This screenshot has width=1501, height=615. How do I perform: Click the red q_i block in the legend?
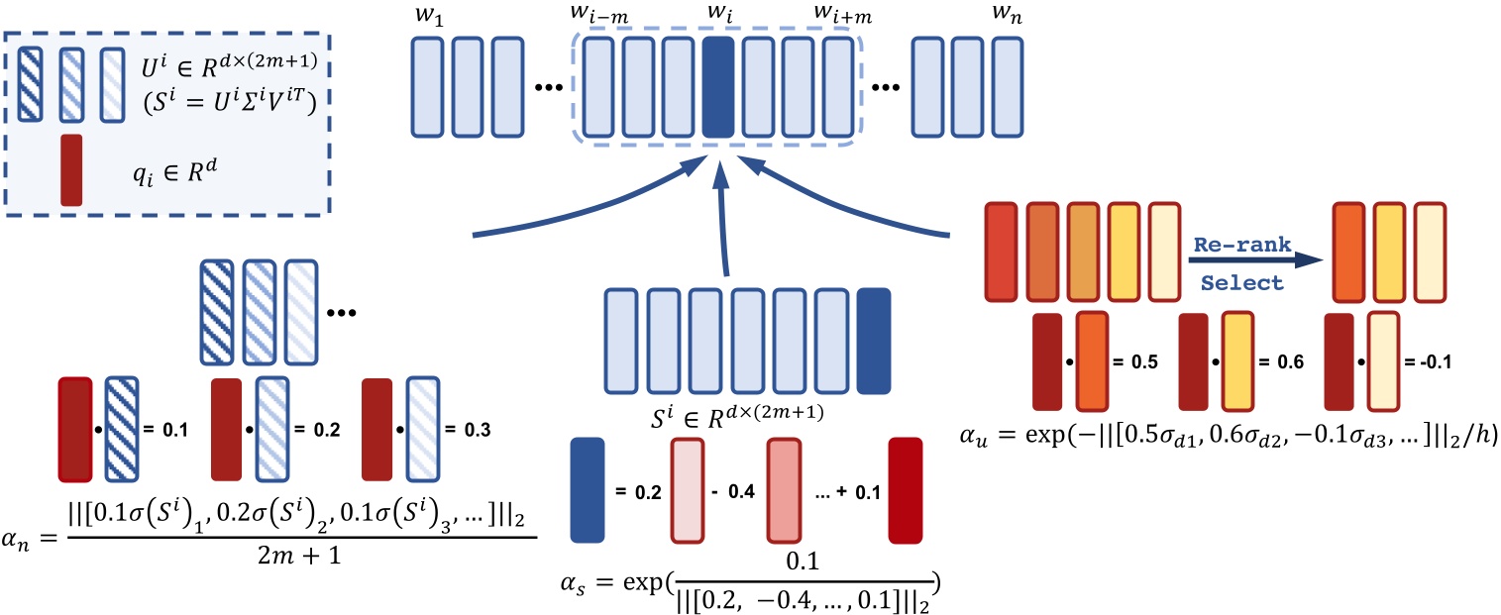click(x=70, y=170)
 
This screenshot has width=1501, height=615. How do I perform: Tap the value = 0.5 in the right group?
click(x=1131, y=361)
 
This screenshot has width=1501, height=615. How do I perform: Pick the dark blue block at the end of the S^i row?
click(x=873, y=340)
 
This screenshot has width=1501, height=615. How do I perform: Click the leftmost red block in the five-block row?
click(x=1004, y=252)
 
